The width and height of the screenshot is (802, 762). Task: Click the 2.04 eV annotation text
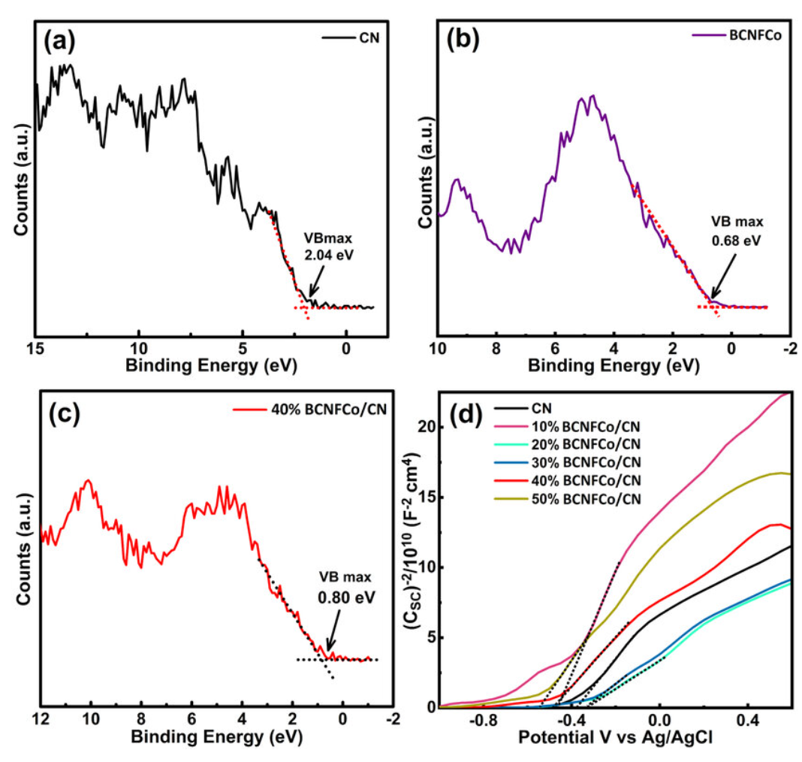(x=328, y=256)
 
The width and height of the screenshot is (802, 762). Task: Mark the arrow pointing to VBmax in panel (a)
(x=316, y=282)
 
